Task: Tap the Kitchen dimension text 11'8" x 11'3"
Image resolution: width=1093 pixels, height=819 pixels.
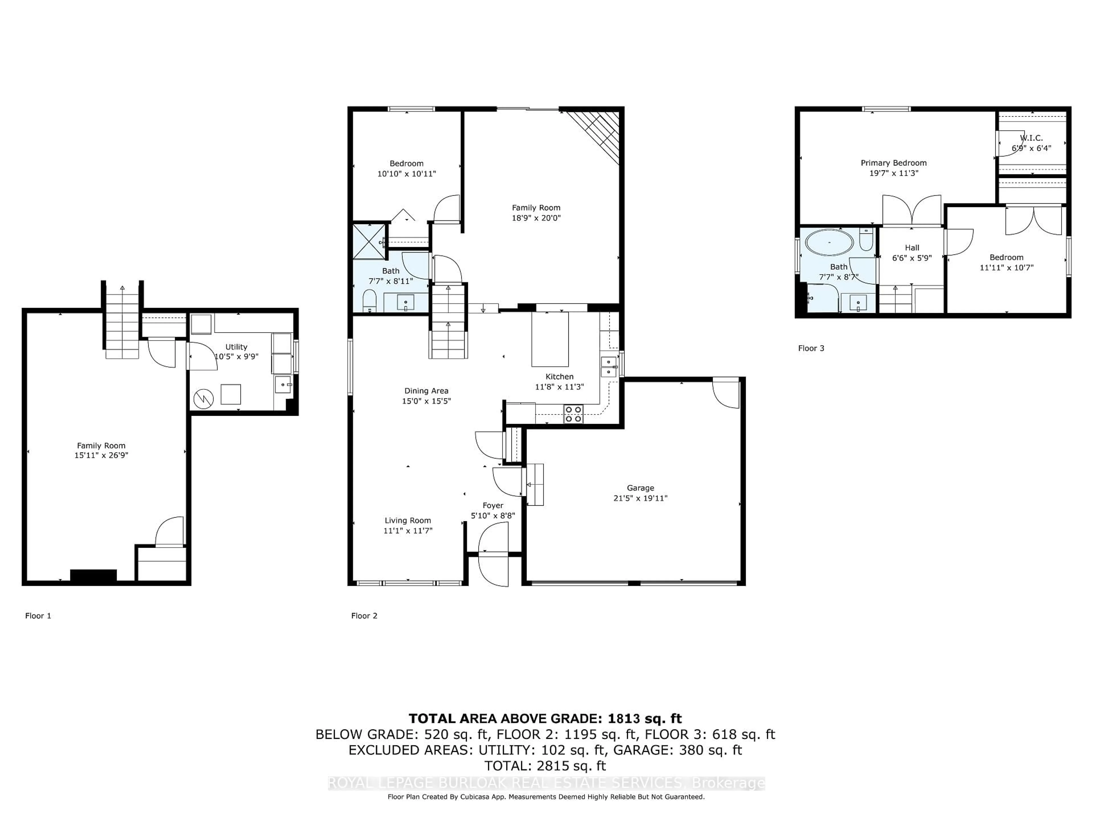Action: click(x=559, y=387)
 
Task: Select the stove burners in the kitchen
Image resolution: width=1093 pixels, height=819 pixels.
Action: click(x=573, y=414)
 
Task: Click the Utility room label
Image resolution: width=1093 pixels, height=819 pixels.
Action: click(x=236, y=347)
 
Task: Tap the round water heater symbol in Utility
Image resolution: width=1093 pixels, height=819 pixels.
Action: click(x=203, y=399)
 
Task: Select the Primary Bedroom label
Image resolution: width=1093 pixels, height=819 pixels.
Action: click(x=893, y=163)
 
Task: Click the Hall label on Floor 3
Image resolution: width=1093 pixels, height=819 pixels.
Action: click(x=912, y=248)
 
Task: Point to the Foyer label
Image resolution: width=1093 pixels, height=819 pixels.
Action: click(x=493, y=506)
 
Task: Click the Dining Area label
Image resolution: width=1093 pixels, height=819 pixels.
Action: click(x=426, y=391)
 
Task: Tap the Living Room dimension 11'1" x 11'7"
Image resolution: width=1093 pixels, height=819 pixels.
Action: click(x=408, y=531)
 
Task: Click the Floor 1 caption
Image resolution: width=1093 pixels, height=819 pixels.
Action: click(x=38, y=616)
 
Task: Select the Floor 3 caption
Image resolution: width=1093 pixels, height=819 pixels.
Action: click(x=811, y=348)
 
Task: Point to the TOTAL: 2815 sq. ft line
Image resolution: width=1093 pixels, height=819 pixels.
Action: click(x=545, y=766)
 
